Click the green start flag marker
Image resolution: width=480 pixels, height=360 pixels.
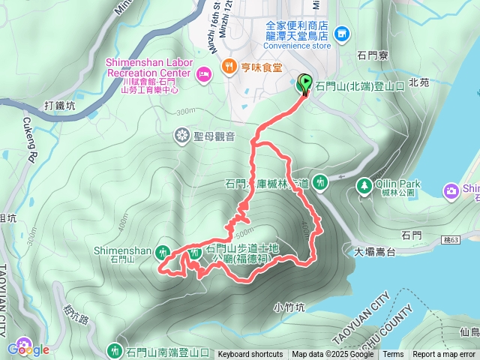point(306,83)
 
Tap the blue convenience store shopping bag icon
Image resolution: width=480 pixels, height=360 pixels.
point(342,33)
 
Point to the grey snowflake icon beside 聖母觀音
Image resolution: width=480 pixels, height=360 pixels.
point(182,136)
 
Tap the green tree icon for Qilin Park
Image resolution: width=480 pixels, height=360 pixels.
point(364,184)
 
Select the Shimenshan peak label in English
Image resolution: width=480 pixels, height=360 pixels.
point(122,250)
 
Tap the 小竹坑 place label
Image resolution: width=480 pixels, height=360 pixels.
point(289,307)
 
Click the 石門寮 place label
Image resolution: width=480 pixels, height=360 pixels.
point(372,55)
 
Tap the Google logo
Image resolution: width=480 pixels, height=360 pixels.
point(28,349)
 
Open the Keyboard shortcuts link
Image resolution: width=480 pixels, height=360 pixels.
point(250,355)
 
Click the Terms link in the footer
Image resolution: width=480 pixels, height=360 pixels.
point(393,355)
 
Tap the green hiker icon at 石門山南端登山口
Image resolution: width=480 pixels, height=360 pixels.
point(115,349)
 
